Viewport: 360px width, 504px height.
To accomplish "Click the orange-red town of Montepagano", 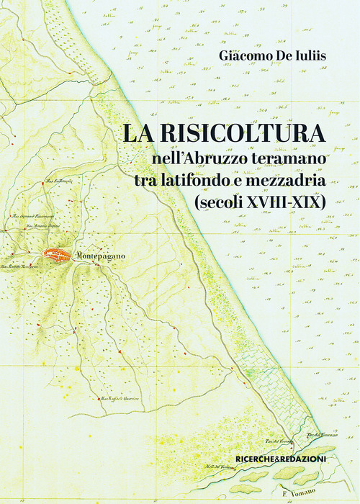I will [x=56, y=254].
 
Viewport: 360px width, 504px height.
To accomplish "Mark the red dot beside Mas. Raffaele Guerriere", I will [x=99, y=399].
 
